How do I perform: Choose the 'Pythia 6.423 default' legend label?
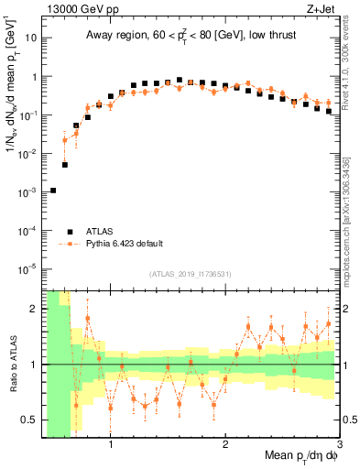click(x=128, y=245)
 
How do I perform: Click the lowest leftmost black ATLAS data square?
click(x=53, y=191)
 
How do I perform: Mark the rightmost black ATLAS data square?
click(x=329, y=112)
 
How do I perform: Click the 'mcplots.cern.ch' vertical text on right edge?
click(x=352, y=238)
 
